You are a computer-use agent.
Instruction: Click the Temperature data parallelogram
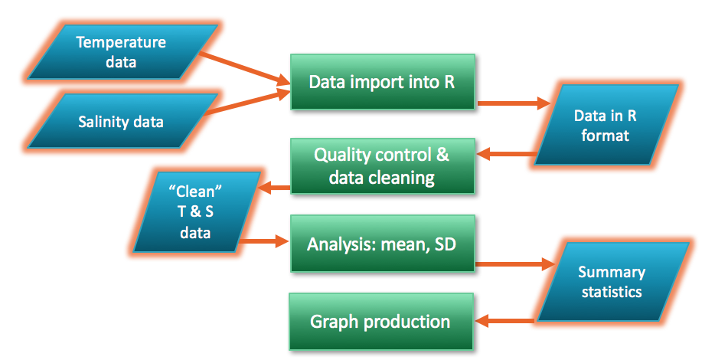(x=121, y=51)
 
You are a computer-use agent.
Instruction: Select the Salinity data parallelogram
(x=121, y=121)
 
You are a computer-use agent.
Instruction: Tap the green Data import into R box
(x=382, y=81)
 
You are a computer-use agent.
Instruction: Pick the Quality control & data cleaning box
(x=382, y=166)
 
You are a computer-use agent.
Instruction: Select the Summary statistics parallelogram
(x=612, y=281)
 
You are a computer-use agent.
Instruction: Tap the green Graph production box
(x=380, y=321)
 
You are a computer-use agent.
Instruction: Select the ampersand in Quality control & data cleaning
(x=442, y=155)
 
